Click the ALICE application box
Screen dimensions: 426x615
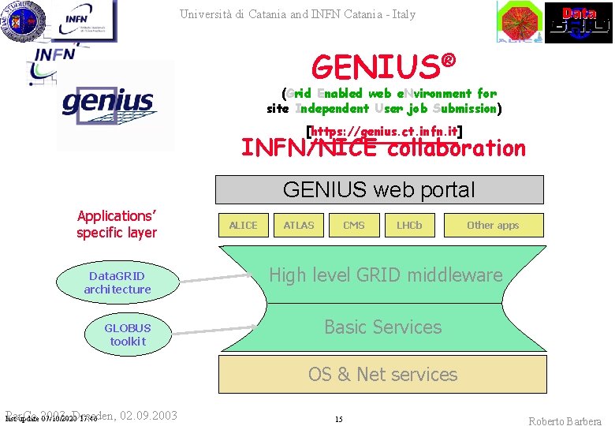click(243, 226)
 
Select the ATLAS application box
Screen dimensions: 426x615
click(299, 226)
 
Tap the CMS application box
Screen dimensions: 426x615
click(354, 226)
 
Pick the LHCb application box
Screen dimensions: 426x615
click(409, 226)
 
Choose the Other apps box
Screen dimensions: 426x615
click(493, 226)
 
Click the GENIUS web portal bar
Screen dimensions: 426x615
click(379, 189)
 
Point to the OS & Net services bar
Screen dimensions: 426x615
click(382, 374)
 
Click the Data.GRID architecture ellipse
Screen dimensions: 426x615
click(117, 283)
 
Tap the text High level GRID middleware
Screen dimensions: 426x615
click(386, 275)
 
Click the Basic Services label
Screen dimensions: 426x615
click(383, 327)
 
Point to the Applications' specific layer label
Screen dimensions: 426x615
click(117, 224)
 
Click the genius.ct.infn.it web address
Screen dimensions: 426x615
click(383, 131)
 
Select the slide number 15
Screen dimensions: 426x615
click(338, 420)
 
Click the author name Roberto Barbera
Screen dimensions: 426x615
click(565, 420)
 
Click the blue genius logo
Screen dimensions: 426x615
click(108, 103)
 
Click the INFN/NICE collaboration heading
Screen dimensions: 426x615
click(383, 148)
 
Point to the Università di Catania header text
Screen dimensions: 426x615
click(297, 14)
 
